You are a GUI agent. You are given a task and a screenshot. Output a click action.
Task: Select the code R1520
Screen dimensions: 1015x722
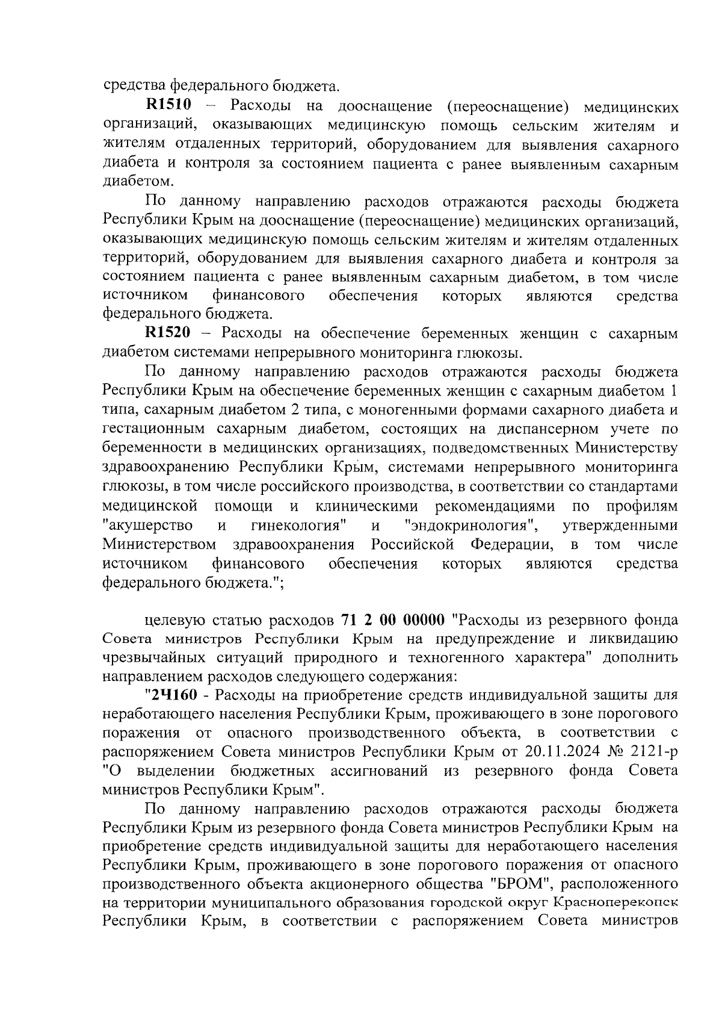pos(168,334)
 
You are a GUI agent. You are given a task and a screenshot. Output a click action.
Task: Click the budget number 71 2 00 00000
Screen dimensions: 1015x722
pos(393,620)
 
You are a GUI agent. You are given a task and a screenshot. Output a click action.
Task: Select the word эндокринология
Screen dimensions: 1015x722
pos(472,526)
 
